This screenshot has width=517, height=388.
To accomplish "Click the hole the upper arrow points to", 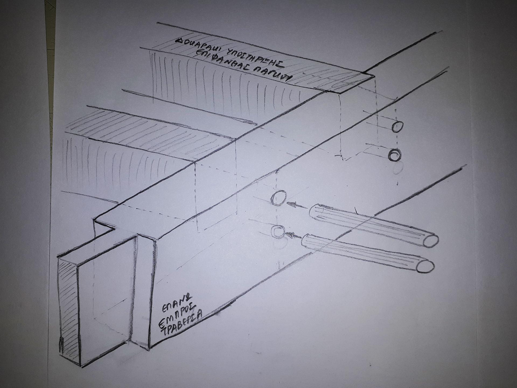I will (278, 198).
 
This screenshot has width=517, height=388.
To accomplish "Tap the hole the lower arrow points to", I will (278, 231).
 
